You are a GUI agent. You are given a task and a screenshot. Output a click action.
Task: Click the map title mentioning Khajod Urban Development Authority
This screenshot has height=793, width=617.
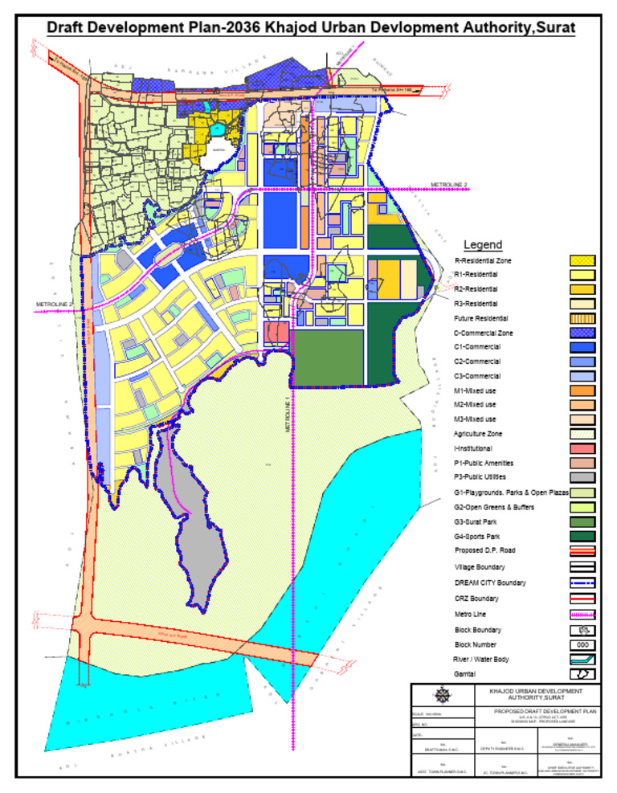click(x=310, y=28)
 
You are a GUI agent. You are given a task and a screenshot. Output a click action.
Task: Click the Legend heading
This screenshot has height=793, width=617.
click(x=483, y=245)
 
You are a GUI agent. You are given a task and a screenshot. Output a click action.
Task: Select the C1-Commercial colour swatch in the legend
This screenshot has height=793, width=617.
click(x=582, y=347)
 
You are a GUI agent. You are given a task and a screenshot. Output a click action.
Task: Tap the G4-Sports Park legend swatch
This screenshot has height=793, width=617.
click(x=582, y=536)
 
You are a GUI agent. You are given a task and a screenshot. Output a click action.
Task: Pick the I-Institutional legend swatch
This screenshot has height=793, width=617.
click(x=582, y=448)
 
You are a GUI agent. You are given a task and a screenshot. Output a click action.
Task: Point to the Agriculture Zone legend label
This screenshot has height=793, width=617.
click(x=478, y=434)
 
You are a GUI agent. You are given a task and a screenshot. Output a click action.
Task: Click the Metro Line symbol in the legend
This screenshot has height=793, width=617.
click(x=582, y=615)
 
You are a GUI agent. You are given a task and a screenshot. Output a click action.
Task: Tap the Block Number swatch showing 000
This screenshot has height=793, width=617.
click(x=582, y=644)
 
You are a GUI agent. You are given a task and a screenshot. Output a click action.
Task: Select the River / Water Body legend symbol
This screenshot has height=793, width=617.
click(x=582, y=660)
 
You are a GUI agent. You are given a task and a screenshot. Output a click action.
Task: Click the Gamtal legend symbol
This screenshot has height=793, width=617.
click(x=582, y=674)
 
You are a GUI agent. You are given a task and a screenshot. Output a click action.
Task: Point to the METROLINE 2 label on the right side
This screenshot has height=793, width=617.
click(x=449, y=185)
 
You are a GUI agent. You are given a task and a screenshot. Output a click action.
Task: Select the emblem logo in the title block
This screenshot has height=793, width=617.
click(x=442, y=696)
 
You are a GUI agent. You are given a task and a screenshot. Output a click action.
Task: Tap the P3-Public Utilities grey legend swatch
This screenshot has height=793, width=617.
click(x=582, y=478)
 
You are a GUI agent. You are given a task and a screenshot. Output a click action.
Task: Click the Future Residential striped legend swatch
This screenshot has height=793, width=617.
click(x=582, y=318)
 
